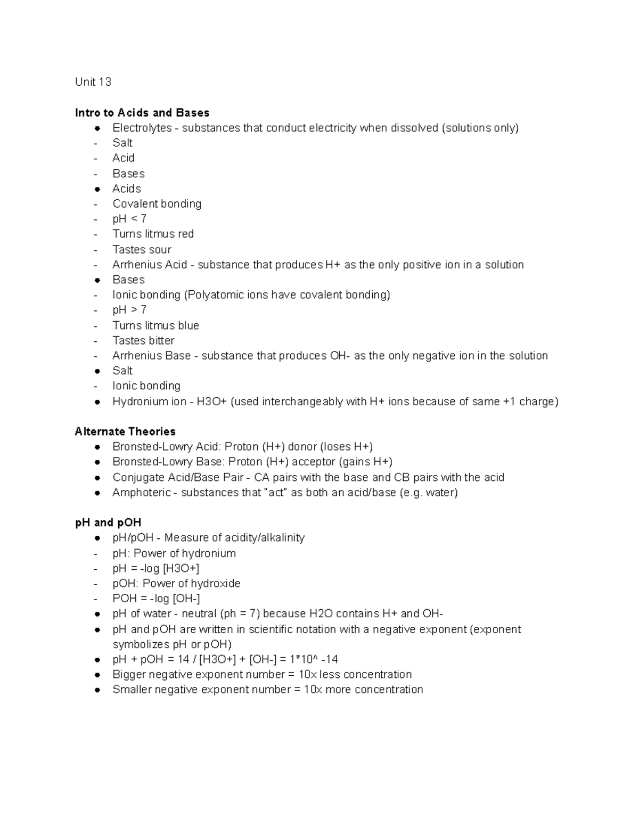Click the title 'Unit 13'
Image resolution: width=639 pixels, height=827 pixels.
[93, 81]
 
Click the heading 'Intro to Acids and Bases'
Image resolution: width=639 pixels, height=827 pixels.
[142, 112]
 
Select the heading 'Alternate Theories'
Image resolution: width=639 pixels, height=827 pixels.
[125, 431]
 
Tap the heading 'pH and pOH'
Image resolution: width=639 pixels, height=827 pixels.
[108, 522]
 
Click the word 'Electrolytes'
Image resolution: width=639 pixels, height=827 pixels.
[142, 128]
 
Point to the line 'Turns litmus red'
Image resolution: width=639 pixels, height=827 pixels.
[153, 234]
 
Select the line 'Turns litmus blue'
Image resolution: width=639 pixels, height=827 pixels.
[155, 325]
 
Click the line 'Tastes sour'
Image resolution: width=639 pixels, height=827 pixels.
[142, 249]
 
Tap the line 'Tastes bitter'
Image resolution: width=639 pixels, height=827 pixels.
[143, 340]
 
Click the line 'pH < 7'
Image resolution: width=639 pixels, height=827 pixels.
[129, 219]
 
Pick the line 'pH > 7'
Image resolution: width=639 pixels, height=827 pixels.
[129, 310]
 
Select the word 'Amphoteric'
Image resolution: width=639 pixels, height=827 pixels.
[142, 493]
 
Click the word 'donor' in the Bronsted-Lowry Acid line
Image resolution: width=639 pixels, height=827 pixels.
[302, 447]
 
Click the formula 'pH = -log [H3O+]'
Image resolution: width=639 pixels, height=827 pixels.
[156, 568]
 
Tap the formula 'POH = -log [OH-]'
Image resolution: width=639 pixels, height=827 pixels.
[156, 599]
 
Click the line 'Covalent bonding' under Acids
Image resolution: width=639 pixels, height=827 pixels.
[157, 204]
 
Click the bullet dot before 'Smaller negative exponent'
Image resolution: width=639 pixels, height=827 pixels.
[97, 690]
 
